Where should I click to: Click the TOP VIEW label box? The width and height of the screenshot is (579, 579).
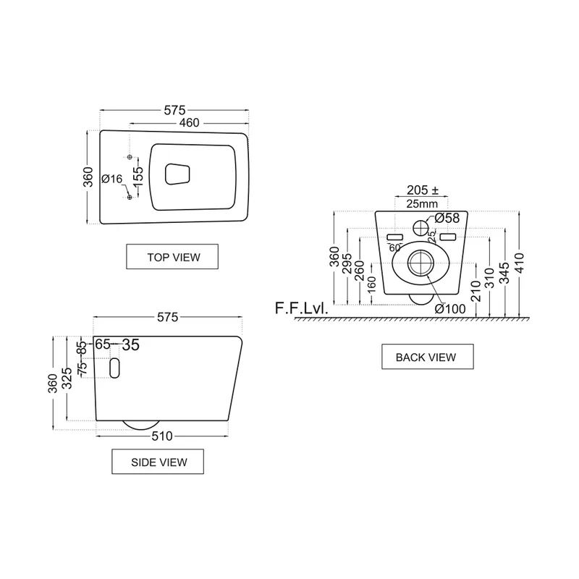point(172,257)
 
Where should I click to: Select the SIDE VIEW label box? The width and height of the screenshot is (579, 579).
point(158,462)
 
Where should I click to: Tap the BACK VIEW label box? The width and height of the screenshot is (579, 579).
point(428,357)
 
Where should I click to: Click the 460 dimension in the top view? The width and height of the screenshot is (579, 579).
point(189,122)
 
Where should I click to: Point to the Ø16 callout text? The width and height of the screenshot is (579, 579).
point(111,179)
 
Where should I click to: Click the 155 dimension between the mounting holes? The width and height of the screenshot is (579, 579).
point(138,177)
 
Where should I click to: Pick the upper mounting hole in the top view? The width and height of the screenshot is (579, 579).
point(130,157)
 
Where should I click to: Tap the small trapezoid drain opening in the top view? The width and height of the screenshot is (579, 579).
point(177,174)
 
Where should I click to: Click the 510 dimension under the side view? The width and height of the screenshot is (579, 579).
point(162,436)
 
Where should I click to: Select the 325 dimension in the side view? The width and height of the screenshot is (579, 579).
point(67,378)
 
